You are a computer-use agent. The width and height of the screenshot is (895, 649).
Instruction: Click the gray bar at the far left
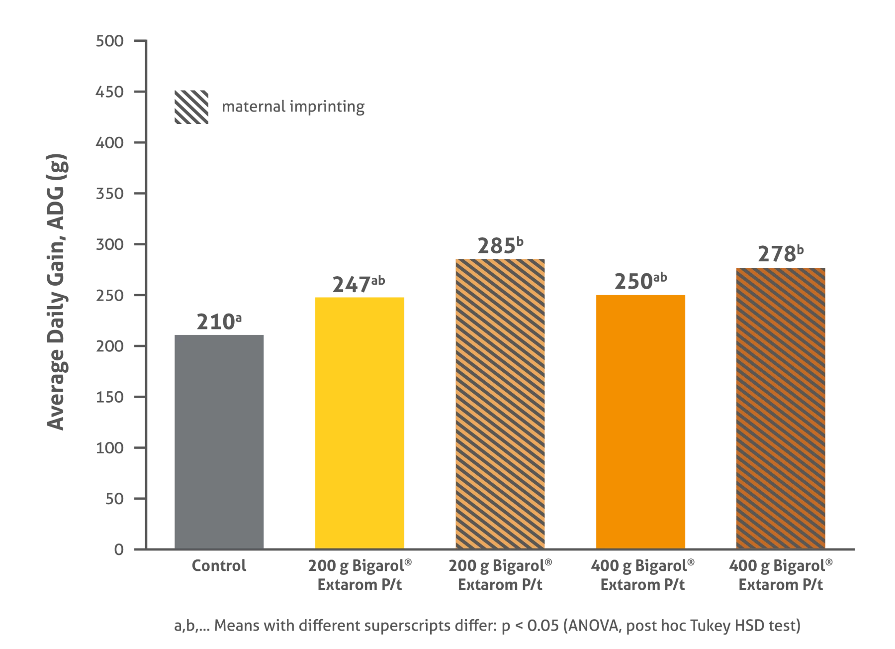[219, 441]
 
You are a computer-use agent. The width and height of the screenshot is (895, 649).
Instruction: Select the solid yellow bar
[359, 422]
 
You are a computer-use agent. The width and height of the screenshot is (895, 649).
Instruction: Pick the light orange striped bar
[499, 404]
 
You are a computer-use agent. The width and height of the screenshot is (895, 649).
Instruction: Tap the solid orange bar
[641, 422]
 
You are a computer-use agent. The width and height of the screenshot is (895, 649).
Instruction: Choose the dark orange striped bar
[781, 408]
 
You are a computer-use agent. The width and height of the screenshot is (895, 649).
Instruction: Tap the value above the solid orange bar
[640, 283]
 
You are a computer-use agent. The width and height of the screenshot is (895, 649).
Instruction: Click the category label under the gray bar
[219, 567]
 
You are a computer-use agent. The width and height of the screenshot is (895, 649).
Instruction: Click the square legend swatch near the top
[191, 108]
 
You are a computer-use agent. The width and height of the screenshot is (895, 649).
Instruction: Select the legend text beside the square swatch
[293, 108]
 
